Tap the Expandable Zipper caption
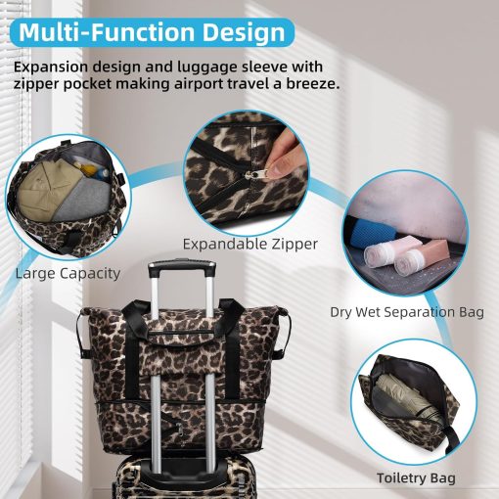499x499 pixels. click(249, 245)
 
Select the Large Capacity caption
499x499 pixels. click(68, 273)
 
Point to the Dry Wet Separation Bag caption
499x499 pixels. click(407, 312)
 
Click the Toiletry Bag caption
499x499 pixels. click(416, 478)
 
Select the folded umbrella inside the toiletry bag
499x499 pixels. click(404, 399)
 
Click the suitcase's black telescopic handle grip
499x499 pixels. click(182, 265)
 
